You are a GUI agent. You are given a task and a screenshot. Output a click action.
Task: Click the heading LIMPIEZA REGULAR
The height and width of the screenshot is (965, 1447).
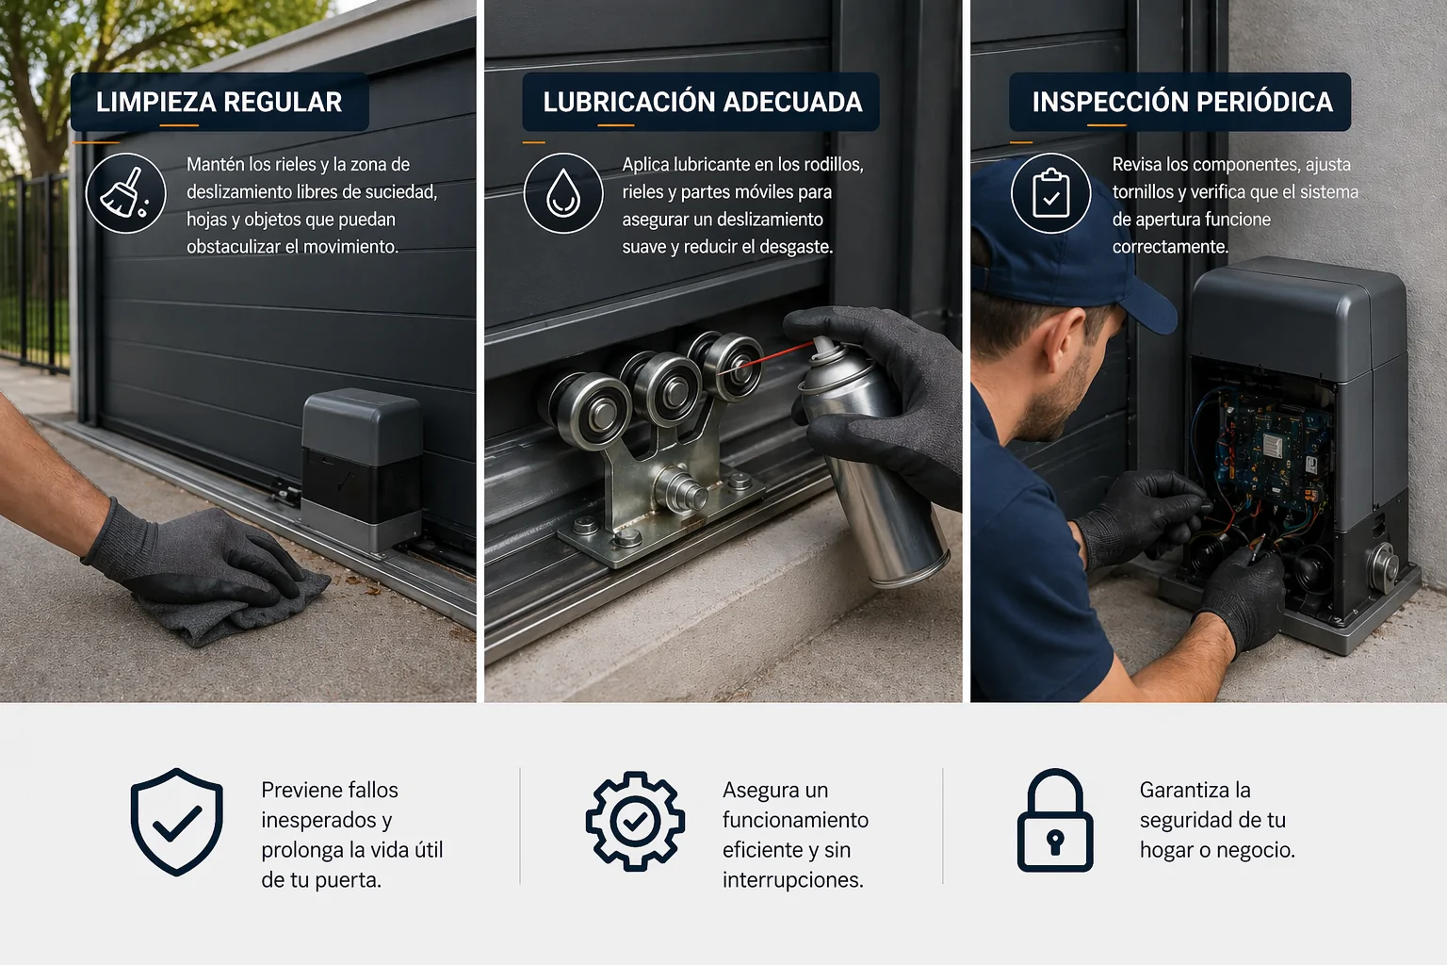[x=219, y=102]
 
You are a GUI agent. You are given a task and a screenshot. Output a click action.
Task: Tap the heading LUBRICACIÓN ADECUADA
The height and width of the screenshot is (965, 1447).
[x=702, y=102]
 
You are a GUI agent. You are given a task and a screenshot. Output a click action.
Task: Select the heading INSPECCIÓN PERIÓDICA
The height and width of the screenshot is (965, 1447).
[x=1181, y=102]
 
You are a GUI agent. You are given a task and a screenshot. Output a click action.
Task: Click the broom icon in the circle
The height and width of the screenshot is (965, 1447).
[x=125, y=193]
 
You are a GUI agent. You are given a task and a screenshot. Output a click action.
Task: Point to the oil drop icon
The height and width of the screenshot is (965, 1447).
[x=563, y=193]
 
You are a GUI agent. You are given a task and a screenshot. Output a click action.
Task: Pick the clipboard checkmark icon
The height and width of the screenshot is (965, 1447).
[x=1051, y=193]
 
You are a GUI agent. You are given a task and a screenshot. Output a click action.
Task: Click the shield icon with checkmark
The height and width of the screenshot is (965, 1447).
[x=177, y=822]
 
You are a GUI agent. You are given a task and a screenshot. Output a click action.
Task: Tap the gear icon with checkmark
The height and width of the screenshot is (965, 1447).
[x=635, y=822]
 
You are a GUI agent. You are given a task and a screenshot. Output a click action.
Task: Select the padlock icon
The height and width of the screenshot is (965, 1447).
[x=1055, y=822]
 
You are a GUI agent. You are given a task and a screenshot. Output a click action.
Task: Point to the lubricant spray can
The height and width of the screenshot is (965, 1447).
[x=871, y=462]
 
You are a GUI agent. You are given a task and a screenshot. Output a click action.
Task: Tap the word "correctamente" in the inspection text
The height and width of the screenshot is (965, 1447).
[x=1170, y=247]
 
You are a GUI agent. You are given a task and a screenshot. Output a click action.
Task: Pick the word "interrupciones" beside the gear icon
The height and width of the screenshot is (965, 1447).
[x=792, y=880]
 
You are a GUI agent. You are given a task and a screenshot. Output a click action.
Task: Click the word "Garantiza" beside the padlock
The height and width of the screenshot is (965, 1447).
[x=1184, y=790]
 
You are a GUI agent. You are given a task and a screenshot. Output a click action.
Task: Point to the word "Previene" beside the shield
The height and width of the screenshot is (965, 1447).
[x=302, y=790]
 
